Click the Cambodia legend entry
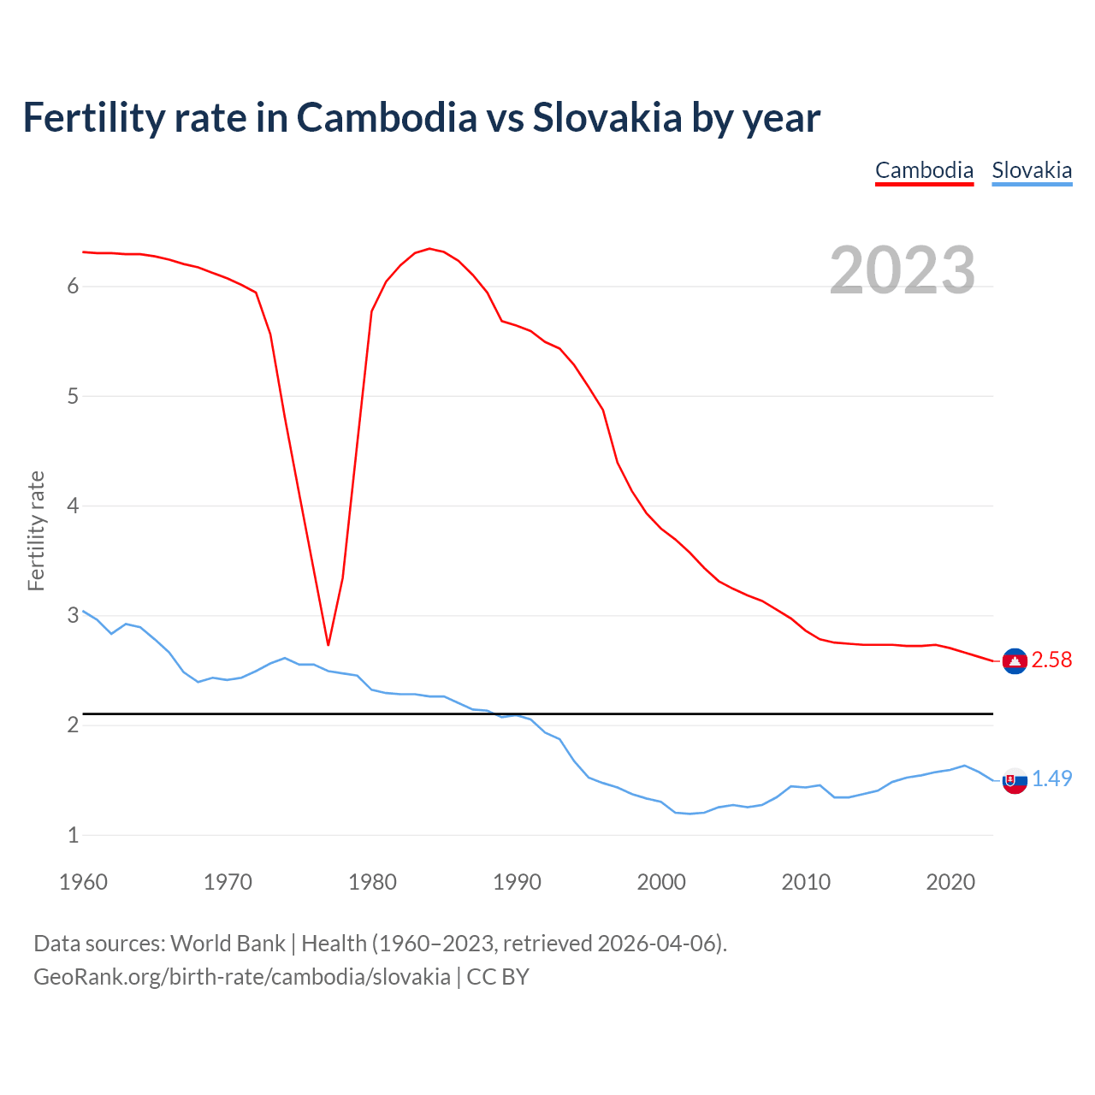(924, 170)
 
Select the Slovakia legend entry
(1032, 170)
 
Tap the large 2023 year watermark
(903, 270)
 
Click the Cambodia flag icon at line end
(1015, 660)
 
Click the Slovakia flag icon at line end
(1015, 779)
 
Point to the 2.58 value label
(1051, 660)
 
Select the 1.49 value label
(1051, 778)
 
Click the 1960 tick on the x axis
(83, 882)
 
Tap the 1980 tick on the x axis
(372, 882)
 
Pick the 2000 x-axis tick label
(661, 882)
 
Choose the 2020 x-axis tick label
(950, 882)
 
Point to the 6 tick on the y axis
(73, 287)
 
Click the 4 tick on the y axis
(73, 506)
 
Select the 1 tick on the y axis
(73, 835)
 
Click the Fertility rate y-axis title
(36, 530)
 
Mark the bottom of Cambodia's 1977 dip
(328, 644)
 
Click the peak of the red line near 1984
(429, 249)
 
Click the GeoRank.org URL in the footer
(242, 977)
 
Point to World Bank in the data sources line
(228, 944)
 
